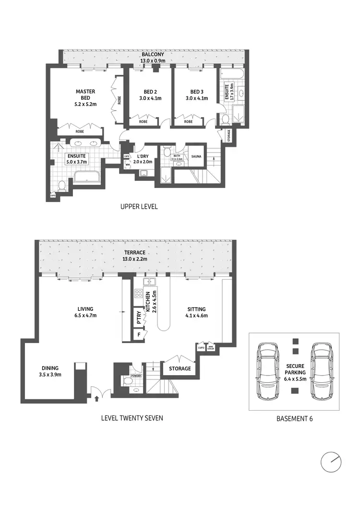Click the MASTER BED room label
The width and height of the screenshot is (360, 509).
click(85, 95)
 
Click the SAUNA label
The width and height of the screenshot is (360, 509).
click(196, 156)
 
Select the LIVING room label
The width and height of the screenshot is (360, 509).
click(84, 309)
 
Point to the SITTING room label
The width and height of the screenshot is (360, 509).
click(196, 309)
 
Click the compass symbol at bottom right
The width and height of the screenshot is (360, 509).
click(332, 462)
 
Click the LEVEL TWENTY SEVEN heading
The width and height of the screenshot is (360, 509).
click(132, 418)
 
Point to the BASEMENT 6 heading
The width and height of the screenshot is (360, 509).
click(295, 418)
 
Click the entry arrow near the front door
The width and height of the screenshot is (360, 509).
click(98, 398)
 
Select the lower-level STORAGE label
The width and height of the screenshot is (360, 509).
click(180, 368)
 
